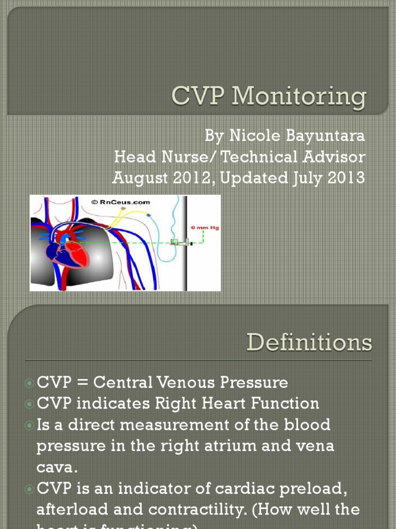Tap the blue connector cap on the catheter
point(148,214)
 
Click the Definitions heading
point(309,343)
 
